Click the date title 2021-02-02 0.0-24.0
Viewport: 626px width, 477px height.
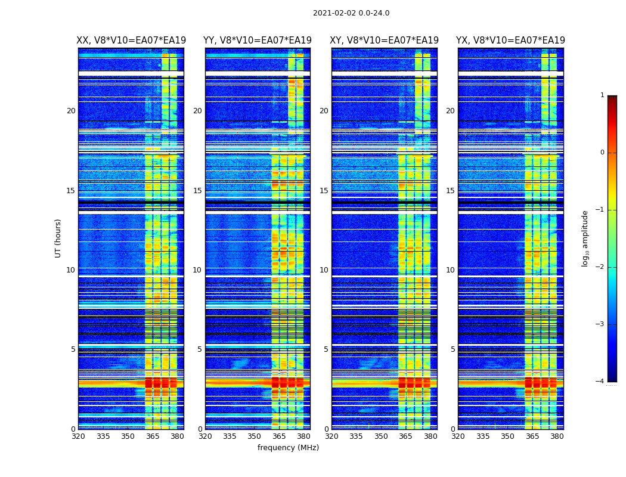(x=351, y=13)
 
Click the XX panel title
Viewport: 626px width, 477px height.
(x=131, y=41)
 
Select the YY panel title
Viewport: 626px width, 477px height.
(x=258, y=41)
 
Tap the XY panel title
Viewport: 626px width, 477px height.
(x=385, y=41)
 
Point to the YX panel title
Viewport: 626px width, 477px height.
(x=510, y=41)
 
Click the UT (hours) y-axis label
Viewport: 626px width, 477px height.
(x=58, y=238)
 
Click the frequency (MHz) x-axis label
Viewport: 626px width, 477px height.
(x=288, y=448)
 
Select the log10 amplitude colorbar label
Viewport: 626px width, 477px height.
(x=585, y=238)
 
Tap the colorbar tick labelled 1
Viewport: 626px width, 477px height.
(x=602, y=95)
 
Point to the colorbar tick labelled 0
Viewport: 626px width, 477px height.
(x=602, y=153)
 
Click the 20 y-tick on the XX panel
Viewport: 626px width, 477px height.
(x=71, y=111)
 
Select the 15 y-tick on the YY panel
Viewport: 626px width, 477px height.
(x=197, y=191)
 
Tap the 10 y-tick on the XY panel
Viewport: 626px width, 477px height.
(x=324, y=270)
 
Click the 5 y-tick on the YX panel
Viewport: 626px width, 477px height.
(x=453, y=349)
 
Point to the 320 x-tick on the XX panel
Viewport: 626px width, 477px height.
(x=78, y=436)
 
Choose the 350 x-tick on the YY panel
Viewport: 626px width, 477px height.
(x=255, y=436)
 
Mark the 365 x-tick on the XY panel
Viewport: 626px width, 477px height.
(x=405, y=436)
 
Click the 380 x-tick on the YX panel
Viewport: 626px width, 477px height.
(x=557, y=436)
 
